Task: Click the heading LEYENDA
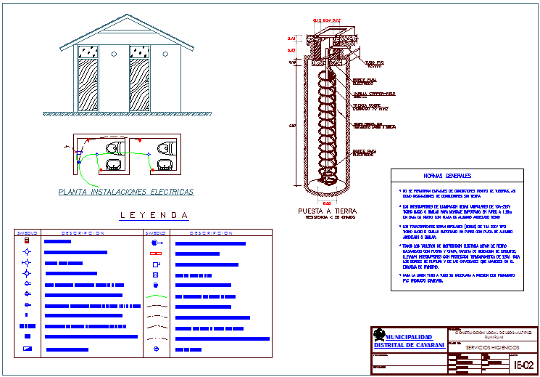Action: (x=154, y=215)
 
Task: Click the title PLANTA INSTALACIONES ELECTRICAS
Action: (x=125, y=192)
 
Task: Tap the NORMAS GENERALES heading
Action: (x=447, y=176)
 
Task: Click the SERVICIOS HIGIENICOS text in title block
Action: (x=481, y=349)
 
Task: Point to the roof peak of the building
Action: (x=117, y=17)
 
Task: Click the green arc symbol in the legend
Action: (x=157, y=306)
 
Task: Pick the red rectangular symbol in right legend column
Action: (x=157, y=254)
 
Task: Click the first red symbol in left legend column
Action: (x=27, y=240)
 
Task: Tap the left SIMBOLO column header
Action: (x=26, y=233)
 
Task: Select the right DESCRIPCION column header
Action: (x=211, y=233)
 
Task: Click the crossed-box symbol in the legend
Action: (x=157, y=276)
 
